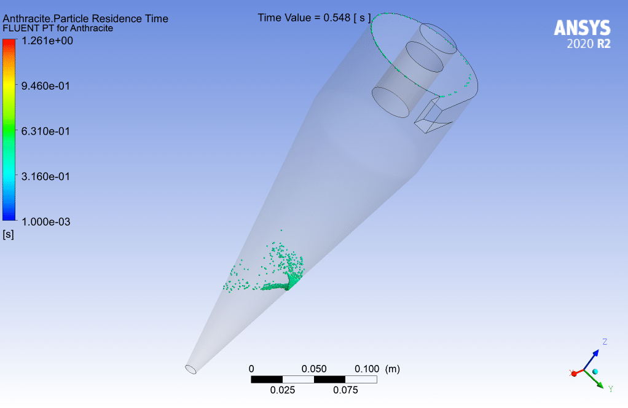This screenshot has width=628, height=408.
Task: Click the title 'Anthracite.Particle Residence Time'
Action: pyautogui.click(x=85, y=18)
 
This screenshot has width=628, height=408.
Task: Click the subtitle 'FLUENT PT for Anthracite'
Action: pyautogui.click(x=58, y=28)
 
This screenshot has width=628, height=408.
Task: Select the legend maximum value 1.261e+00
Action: pyautogui.click(x=47, y=41)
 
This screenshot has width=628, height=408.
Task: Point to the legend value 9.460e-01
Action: pyautogui.click(x=45, y=86)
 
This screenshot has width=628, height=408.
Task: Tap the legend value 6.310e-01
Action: pyautogui.click(x=45, y=131)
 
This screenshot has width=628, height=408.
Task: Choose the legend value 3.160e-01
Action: pyautogui.click(x=45, y=176)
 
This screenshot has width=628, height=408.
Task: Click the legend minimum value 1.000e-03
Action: pyautogui.click(x=46, y=222)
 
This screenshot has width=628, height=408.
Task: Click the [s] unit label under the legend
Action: pyautogui.click(x=8, y=234)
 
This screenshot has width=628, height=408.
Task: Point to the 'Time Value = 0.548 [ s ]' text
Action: pyautogui.click(x=315, y=18)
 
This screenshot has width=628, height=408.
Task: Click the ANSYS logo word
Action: pyautogui.click(x=583, y=28)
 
